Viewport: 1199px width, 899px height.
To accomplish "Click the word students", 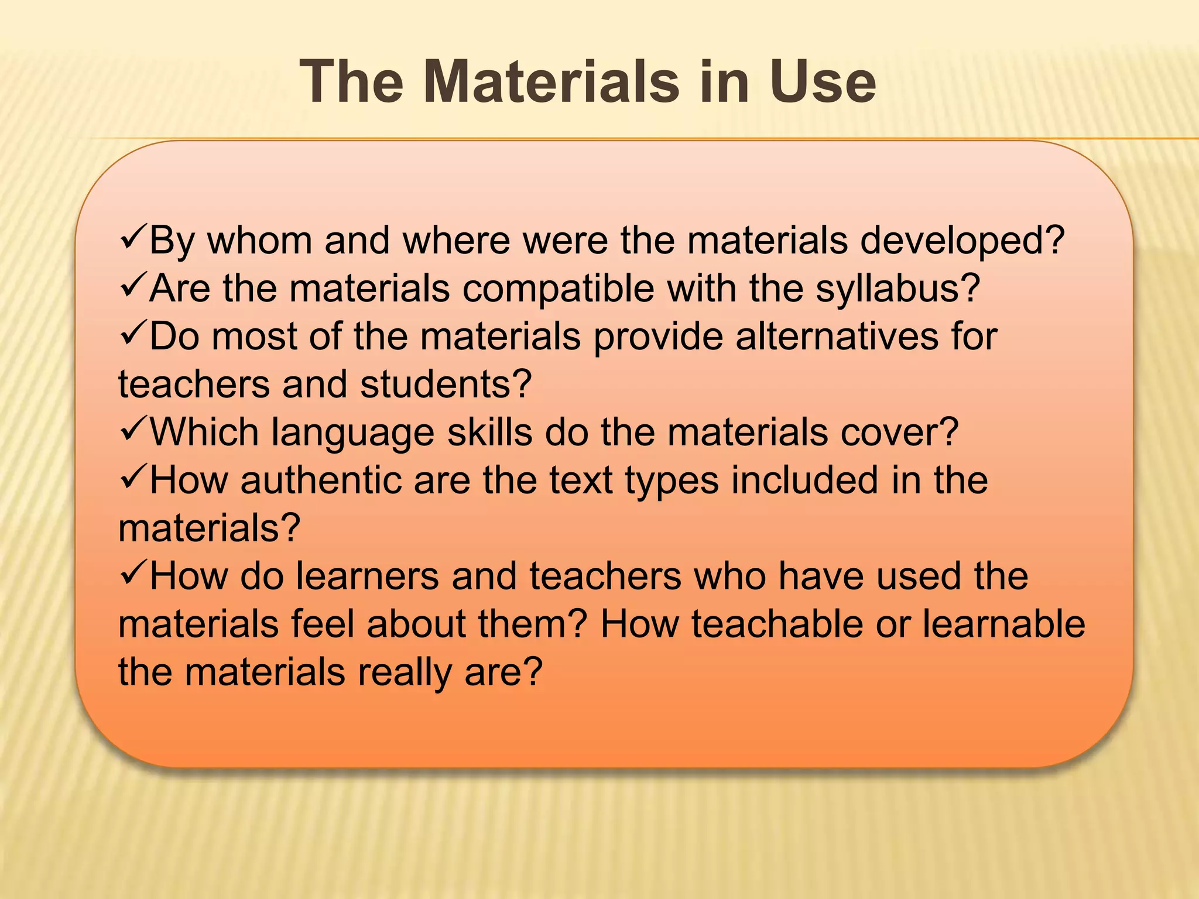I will tap(446, 385).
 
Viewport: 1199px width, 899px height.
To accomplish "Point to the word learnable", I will tap(1004, 625).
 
